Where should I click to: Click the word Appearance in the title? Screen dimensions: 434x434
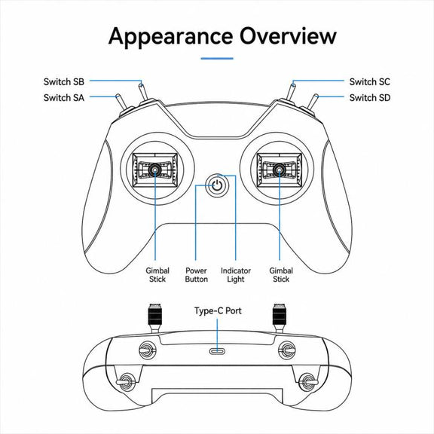170,36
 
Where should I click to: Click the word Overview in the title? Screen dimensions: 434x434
288,36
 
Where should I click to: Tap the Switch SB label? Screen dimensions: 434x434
63,81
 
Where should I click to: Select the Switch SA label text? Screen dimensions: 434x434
63,97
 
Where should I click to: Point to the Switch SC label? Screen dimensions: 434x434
369,81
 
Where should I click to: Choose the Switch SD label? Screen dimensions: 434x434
369,97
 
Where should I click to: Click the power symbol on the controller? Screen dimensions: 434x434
217,185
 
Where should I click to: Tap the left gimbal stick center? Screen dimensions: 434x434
154,170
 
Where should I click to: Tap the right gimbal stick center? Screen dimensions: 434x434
280,170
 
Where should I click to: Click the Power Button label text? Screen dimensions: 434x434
196,275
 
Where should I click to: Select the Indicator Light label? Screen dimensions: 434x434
236,275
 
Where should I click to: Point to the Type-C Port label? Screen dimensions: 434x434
218,311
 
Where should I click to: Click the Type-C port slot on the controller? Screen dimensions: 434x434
217,352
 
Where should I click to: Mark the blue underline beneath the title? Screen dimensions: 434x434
217,59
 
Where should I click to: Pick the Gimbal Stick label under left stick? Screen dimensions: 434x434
157,275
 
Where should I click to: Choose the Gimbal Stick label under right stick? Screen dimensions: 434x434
281,275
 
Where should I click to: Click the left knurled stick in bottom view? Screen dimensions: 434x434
155,315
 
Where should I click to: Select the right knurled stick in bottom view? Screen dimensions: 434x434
280,315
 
